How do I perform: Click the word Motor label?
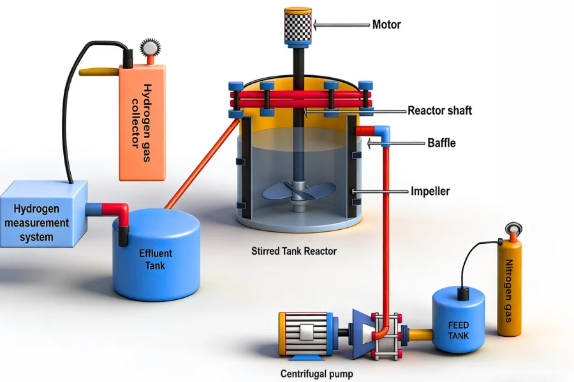point(386,25)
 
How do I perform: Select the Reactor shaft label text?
point(439,110)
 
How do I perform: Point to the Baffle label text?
point(441,143)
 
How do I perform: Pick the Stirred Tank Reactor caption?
point(294,251)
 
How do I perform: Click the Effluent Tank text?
point(156,258)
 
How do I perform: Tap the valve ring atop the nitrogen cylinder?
point(512,229)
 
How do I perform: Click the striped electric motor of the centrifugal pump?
point(305,334)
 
